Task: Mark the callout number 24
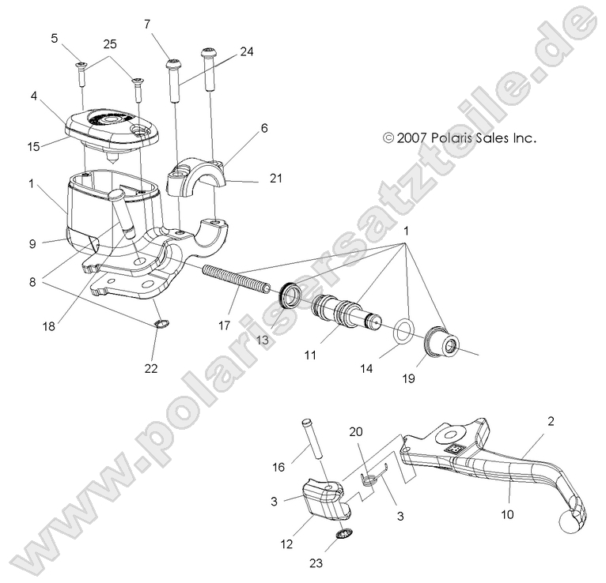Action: [248, 51]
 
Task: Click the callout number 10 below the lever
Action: [506, 513]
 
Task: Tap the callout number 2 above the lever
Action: [550, 421]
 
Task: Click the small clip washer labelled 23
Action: [343, 536]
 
